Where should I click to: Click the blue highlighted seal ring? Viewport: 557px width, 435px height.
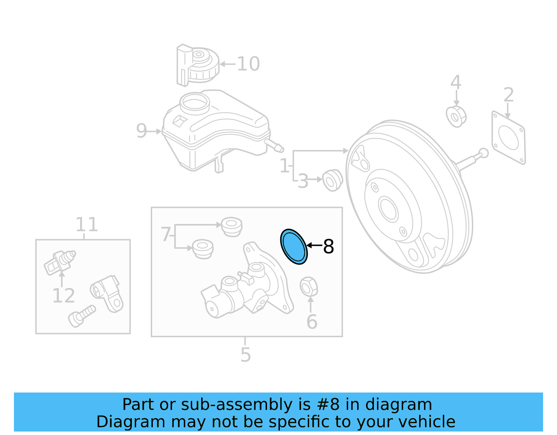[x=294, y=247]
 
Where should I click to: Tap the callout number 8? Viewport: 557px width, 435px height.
[x=328, y=247]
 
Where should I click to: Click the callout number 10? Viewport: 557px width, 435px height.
[x=248, y=64]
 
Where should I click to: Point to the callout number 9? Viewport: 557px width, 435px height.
[x=141, y=131]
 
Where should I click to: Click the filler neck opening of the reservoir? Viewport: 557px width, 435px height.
[x=195, y=102]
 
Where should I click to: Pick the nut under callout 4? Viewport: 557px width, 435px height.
[x=456, y=116]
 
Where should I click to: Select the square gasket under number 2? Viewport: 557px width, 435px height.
[x=508, y=138]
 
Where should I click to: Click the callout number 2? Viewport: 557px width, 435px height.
[x=509, y=95]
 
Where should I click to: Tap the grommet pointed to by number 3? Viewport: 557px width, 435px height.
[x=332, y=180]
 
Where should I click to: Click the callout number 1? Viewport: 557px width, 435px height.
[x=284, y=166]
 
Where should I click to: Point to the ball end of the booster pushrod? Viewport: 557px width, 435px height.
[x=483, y=153]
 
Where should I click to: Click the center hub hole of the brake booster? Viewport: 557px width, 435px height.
[x=388, y=209]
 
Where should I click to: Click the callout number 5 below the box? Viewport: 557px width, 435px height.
[x=245, y=355]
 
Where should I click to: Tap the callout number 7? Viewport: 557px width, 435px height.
[x=166, y=234]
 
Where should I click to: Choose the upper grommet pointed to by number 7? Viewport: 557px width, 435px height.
[x=232, y=226]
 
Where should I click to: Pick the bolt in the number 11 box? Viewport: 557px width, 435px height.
[x=82, y=316]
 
